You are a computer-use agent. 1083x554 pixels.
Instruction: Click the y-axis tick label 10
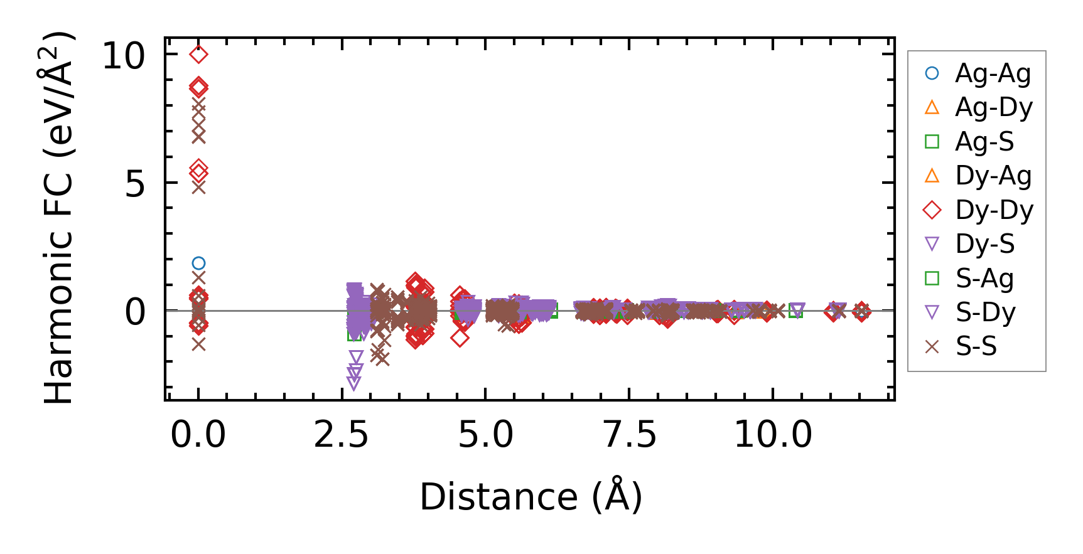click(123, 56)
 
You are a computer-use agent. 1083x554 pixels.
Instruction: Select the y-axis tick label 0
click(135, 312)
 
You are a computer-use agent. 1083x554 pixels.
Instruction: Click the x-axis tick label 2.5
click(342, 434)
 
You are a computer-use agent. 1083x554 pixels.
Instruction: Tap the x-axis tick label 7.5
click(630, 434)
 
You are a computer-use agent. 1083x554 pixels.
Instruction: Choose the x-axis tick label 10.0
click(773, 434)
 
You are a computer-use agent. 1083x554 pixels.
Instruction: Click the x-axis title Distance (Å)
click(531, 497)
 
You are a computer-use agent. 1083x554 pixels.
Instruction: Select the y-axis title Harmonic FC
click(58, 216)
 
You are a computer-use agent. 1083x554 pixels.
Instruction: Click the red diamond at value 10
click(198, 55)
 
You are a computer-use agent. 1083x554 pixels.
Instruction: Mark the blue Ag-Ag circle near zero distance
click(198, 264)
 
